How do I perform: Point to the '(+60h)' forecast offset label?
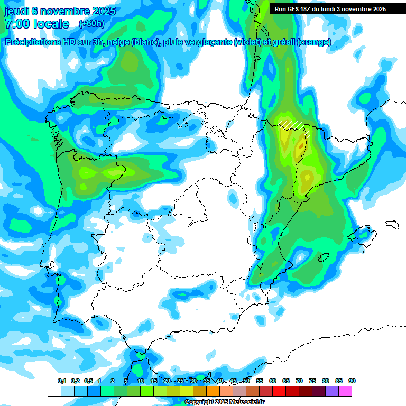(91, 24)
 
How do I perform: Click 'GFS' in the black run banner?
(298, 9)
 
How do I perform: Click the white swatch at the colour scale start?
(54, 391)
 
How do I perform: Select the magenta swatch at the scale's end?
(345, 391)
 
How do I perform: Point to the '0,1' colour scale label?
(62, 381)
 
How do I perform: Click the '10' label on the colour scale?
(141, 381)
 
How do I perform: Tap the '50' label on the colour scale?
(246, 381)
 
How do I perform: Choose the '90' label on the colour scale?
(352, 381)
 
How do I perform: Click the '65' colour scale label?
(286, 381)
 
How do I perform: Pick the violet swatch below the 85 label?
(332, 391)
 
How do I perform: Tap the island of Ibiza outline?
(324, 257)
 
